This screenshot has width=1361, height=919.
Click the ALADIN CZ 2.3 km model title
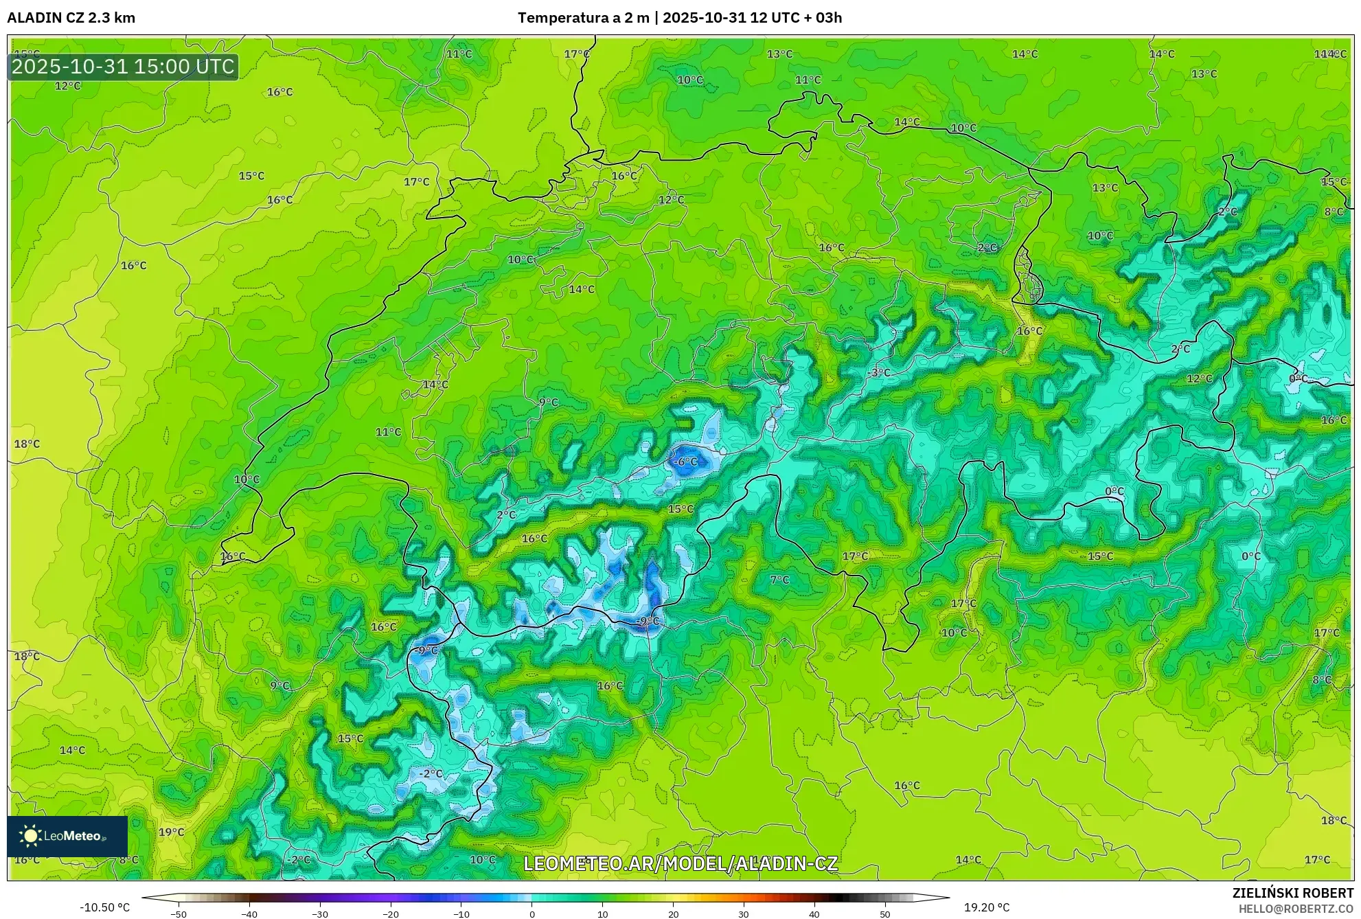tap(71, 18)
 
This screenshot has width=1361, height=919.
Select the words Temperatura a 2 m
tap(583, 18)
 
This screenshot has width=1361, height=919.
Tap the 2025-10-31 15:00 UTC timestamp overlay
tap(123, 67)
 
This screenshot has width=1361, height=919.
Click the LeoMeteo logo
tap(67, 836)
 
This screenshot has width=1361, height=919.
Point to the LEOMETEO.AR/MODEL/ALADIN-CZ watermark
tap(680, 863)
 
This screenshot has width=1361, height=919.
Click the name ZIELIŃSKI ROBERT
tap(1293, 894)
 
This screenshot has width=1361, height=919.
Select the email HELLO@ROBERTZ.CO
tap(1296, 909)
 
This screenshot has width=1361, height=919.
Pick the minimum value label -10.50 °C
tap(104, 907)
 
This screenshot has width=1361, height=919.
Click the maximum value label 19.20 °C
tap(987, 907)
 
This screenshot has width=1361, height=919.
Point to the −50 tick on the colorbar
tap(179, 914)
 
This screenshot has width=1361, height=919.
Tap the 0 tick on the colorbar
tap(532, 914)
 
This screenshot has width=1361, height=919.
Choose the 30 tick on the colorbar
tap(744, 914)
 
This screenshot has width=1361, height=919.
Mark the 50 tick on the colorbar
tap(885, 914)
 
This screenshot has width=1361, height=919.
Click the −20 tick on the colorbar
tap(391, 914)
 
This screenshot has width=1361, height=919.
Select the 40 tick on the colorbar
tap(814, 914)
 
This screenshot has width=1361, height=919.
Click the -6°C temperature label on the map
tap(684, 462)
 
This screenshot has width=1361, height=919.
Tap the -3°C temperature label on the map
tap(878, 373)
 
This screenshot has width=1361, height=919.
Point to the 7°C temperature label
tap(779, 580)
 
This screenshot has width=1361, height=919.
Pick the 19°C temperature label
tap(171, 832)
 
